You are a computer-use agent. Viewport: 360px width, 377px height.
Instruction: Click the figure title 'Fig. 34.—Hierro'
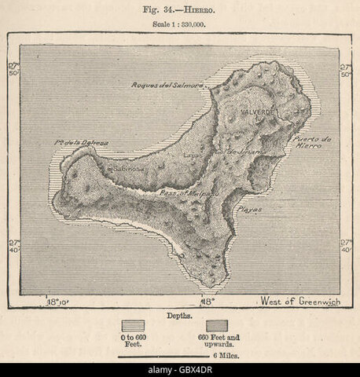179,9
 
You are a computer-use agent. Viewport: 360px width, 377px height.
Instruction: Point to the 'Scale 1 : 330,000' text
179,23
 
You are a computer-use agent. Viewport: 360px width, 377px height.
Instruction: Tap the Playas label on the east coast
251,210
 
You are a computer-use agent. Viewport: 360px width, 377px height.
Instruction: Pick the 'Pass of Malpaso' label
178,192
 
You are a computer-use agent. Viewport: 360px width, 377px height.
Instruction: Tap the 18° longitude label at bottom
206,302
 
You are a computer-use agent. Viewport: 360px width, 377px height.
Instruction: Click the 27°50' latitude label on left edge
13,70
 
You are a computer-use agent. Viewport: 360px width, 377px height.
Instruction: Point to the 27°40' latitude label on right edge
347,244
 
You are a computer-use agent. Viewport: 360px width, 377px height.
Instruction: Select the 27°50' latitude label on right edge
347,70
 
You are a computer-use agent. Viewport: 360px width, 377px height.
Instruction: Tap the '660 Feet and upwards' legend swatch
218,324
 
